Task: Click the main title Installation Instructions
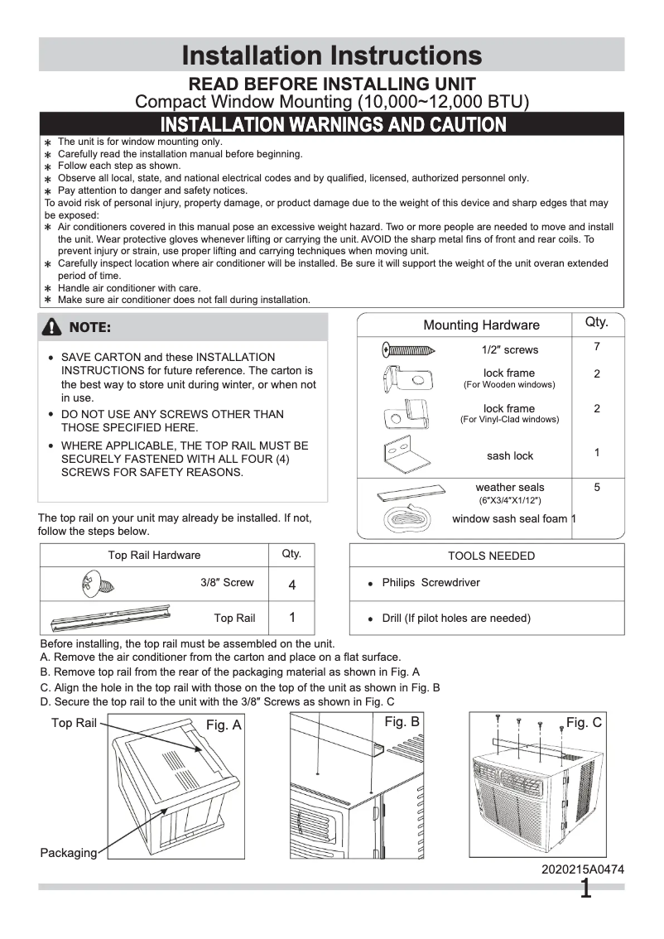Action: [x=331, y=55]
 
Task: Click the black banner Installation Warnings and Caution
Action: [x=333, y=125]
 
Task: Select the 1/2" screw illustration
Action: [x=413, y=349]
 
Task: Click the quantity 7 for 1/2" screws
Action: [x=596, y=347]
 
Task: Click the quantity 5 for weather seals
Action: [x=596, y=488]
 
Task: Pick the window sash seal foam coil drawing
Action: [x=409, y=520]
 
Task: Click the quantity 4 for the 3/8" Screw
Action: [x=291, y=585]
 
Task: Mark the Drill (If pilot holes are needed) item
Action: [x=456, y=618]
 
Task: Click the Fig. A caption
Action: [x=224, y=725]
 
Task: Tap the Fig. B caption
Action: [x=402, y=722]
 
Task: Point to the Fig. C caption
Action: [x=583, y=723]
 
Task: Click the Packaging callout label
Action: [x=68, y=853]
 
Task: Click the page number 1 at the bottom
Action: [x=585, y=890]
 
